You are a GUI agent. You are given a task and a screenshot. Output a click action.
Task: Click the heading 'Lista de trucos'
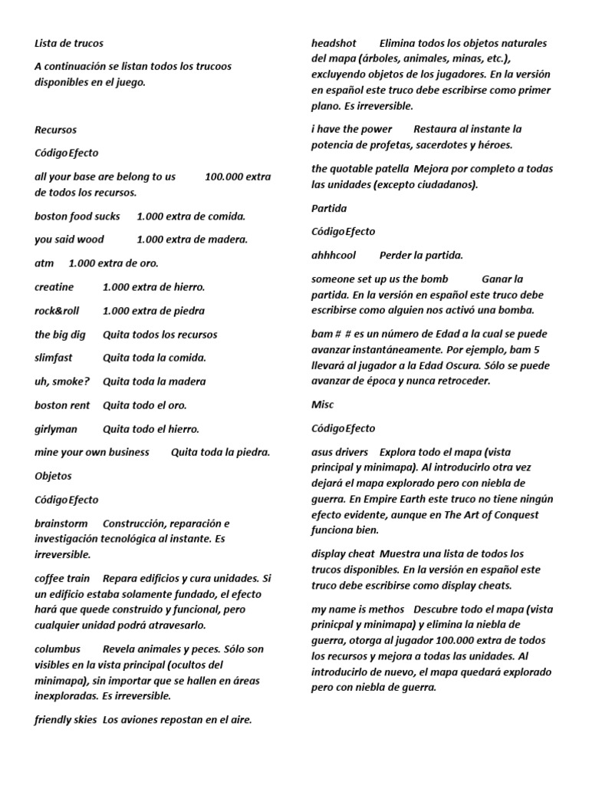click(69, 44)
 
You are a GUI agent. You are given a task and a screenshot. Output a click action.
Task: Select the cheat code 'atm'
click(44, 263)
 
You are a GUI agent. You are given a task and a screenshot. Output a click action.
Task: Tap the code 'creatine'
click(54, 287)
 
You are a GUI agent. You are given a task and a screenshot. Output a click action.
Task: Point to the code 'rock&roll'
click(57, 311)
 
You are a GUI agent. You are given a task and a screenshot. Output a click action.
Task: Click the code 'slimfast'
click(56, 358)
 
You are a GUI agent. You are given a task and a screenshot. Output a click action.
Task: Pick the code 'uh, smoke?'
click(62, 381)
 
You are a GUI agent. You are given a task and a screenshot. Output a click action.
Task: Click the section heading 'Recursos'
click(55, 130)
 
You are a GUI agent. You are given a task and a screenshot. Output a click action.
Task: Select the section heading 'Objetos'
click(53, 476)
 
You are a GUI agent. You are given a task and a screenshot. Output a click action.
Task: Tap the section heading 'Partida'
click(329, 208)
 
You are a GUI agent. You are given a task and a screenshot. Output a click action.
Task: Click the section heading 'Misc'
click(323, 405)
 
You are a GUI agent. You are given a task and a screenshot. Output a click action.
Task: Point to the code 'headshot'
click(334, 44)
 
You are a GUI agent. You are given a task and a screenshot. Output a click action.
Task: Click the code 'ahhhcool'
click(334, 255)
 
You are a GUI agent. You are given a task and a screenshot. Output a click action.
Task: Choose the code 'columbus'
click(58, 649)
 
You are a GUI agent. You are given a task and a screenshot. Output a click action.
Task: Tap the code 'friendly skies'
click(66, 720)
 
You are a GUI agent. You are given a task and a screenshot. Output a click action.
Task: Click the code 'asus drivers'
click(340, 452)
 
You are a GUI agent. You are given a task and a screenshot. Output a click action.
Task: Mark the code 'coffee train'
click(62, 578)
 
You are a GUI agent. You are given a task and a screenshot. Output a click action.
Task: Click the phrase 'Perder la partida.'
click(421, 255)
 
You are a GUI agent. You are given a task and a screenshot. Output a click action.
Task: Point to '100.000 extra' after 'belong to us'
click(238, 177)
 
